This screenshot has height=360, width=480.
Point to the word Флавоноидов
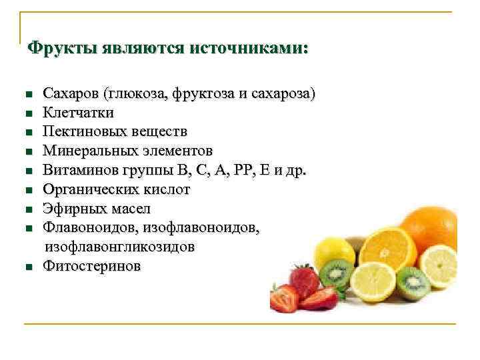click(84, 227)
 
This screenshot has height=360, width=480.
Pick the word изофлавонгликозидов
click(119, 247)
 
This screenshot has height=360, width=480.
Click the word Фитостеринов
click(92, 266)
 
